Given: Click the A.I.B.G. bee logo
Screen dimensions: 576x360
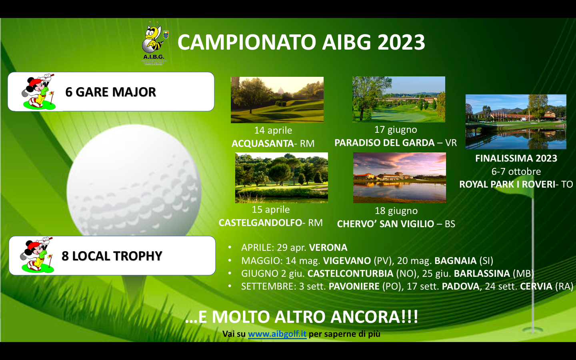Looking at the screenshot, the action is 154,43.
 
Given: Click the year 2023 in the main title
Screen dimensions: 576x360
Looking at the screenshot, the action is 401,42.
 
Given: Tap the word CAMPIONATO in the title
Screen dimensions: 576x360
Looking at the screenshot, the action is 246,42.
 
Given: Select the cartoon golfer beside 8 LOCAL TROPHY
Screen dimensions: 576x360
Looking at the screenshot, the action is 36,255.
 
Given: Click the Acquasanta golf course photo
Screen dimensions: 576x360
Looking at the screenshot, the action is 277,100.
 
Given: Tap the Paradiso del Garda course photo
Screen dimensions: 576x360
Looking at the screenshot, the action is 398,99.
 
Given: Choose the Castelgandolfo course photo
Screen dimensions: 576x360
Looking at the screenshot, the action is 281,178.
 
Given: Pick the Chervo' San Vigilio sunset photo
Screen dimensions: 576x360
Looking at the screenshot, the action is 399,178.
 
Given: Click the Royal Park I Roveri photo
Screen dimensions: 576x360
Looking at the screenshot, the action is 516,122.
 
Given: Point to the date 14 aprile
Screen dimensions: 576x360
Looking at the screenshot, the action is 273,130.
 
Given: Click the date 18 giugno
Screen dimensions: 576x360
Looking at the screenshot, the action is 396,211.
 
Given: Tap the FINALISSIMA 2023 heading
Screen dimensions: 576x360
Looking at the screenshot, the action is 516,158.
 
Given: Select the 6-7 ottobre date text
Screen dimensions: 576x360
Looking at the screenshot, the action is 516,171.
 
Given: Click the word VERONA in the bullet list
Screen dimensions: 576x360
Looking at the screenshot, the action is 328,247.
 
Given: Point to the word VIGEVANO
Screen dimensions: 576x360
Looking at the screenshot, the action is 347,260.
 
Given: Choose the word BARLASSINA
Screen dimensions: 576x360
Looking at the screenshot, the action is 482,273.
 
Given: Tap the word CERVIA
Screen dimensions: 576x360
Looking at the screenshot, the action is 536,286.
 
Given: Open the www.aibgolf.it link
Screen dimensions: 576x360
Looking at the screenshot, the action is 277,334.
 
